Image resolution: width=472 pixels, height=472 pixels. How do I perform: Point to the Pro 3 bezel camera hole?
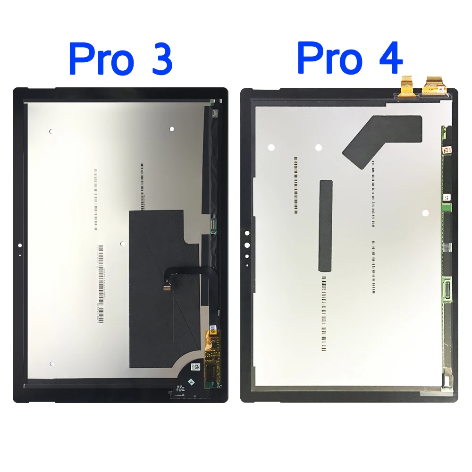[x=19, y=245]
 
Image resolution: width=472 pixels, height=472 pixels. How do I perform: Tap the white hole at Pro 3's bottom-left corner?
[x=51, y=364]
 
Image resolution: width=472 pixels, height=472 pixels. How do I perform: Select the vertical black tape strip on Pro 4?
[x=326, y=226]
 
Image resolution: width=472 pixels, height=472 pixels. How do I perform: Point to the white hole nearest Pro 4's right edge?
[x=425, y=213]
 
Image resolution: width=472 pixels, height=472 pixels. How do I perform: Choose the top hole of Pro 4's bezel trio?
[x=247, y=233]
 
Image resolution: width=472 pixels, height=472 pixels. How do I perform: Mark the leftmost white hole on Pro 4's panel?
[x=271, y=147]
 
